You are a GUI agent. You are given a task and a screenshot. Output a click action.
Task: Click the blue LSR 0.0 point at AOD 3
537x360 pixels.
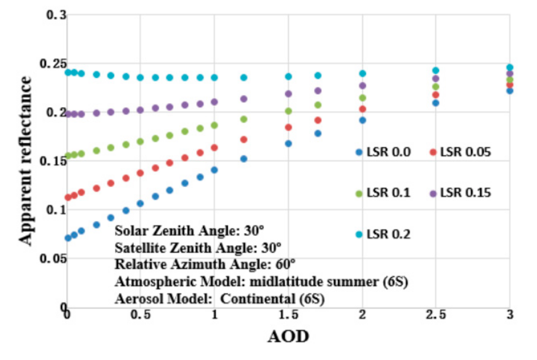point(509,91)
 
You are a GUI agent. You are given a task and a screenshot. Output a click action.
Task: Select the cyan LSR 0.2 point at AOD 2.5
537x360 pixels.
point(435,70)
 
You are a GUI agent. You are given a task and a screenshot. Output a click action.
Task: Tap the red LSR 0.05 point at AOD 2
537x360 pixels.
point(362,109)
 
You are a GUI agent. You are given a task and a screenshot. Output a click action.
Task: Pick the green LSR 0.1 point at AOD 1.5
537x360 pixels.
point(289,111)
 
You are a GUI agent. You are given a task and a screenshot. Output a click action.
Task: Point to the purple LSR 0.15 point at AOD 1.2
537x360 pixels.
point(244,99)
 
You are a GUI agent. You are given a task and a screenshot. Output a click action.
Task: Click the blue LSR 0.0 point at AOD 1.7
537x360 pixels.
point(318,134)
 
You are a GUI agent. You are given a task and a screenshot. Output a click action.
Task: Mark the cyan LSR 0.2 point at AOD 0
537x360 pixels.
point(67,73)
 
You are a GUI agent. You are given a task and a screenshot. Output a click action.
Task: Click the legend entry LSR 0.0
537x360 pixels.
point(383,152)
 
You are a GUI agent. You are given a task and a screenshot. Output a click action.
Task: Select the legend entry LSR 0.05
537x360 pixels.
point(460,152)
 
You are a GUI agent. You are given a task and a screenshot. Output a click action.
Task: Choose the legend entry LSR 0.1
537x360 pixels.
point(383,193)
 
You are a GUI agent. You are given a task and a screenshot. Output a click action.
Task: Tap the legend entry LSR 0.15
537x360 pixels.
point(460,193)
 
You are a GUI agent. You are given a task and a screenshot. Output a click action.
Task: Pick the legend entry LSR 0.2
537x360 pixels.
point(383,234)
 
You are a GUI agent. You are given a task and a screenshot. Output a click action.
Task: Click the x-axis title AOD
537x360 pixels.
point(288,337)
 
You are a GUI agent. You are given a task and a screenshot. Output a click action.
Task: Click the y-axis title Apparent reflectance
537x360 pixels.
point(26,161)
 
